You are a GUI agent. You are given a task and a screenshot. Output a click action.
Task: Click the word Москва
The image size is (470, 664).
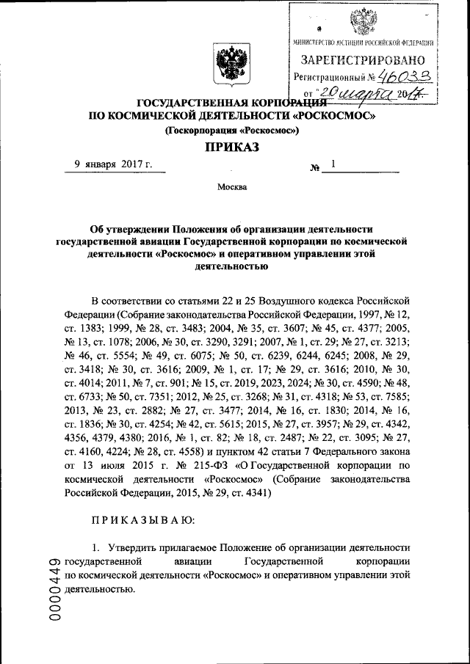231,187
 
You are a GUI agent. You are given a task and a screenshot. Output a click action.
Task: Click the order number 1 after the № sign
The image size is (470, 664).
333,165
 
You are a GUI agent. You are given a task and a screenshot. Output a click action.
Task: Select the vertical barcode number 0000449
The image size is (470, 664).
54,591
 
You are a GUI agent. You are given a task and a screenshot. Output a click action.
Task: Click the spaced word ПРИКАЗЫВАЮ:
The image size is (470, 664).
142,519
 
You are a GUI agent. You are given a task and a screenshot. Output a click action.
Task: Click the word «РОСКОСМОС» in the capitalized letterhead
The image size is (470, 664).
333,116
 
